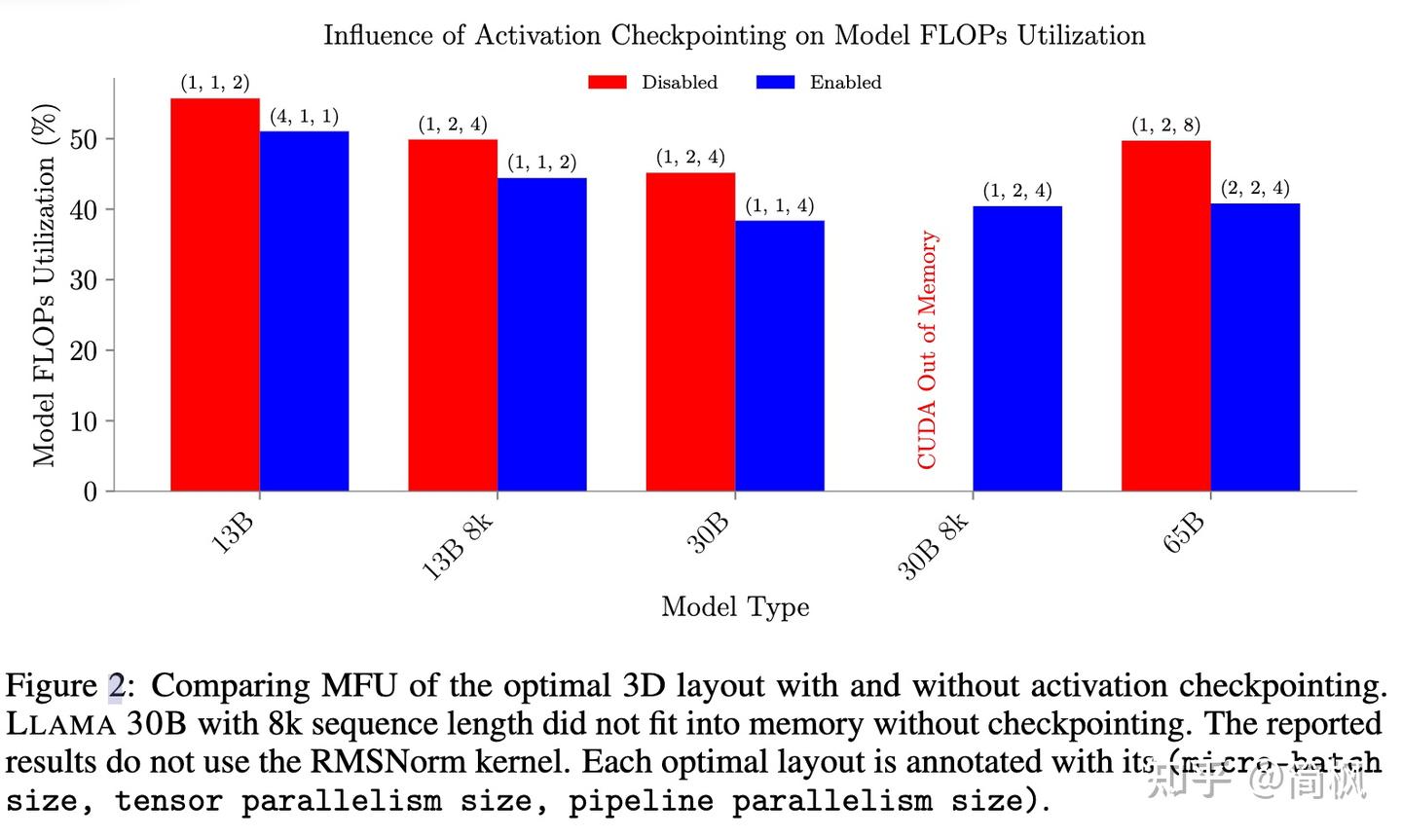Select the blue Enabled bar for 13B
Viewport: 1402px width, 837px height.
pos(304,311)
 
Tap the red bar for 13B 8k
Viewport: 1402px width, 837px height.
pos(452,315)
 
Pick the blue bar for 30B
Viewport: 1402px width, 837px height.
pos(779,356)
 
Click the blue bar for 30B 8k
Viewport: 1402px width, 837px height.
pos(1016,348)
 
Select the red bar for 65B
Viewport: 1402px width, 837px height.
pos(1165,315)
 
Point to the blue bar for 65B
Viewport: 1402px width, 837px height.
pos(1255,346)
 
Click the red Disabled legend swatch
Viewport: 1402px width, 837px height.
pos(607,83)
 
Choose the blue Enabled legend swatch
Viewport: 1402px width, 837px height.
pos(775,83)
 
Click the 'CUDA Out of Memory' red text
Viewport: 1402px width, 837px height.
pos(927,350)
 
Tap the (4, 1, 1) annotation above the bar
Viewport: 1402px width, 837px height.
pos(304,117)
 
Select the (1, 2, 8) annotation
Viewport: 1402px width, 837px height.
pos(1165,126)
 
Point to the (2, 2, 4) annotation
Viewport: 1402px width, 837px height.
pos(1255,188)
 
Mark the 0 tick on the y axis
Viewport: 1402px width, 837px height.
pos(91,491)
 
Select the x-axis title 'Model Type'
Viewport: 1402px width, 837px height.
pos(735,607)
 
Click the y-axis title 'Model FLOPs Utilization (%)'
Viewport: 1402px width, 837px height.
pos(44,284)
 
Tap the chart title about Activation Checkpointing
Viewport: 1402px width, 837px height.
pos(734,36)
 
